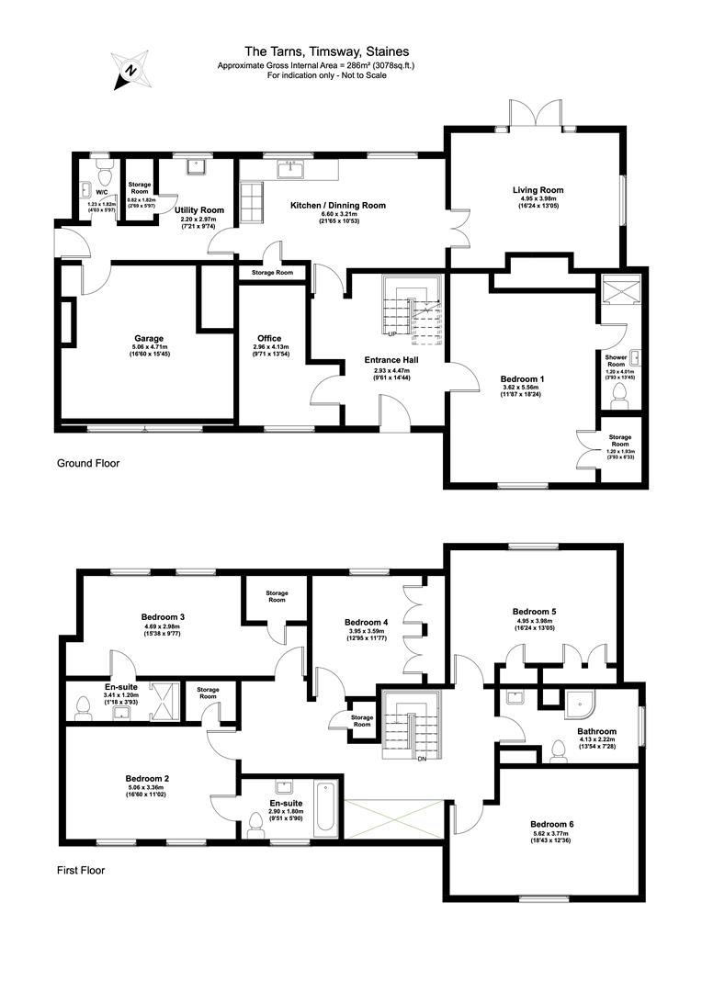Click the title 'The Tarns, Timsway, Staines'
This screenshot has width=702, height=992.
(327, 52)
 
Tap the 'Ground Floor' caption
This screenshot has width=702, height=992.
(88, 463)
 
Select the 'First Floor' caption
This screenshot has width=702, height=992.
(81, 870)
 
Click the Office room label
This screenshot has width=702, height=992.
(269, 338)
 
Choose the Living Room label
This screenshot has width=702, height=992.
(538, 190)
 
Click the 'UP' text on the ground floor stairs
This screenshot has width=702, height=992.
(392, 334)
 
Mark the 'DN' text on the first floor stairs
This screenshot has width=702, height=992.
(422, 759)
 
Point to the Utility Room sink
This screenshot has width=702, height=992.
(196, 168)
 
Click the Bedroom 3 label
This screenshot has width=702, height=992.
(164, 616)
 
